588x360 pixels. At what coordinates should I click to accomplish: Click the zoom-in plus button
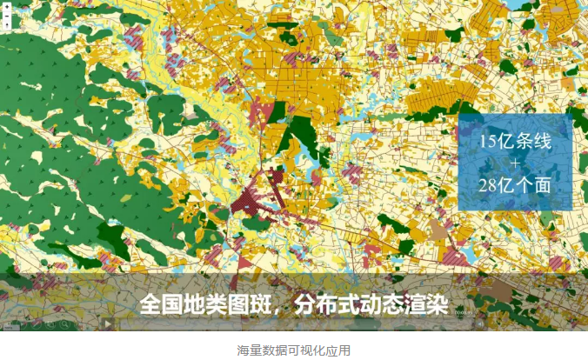[7, 7]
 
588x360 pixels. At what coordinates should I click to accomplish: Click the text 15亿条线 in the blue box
[515, 143]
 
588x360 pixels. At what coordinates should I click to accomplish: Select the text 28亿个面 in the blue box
[515, 185]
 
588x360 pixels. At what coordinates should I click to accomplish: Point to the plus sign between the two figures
[515, 163]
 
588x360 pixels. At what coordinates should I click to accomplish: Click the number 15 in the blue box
[488, 143]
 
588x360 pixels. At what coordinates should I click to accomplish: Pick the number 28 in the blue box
[489, 185]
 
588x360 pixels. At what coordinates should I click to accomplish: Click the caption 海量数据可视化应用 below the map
[294, 350]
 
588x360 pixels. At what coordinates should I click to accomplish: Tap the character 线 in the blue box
[542, 143]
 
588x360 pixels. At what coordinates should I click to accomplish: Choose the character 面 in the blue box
[542, 185]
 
